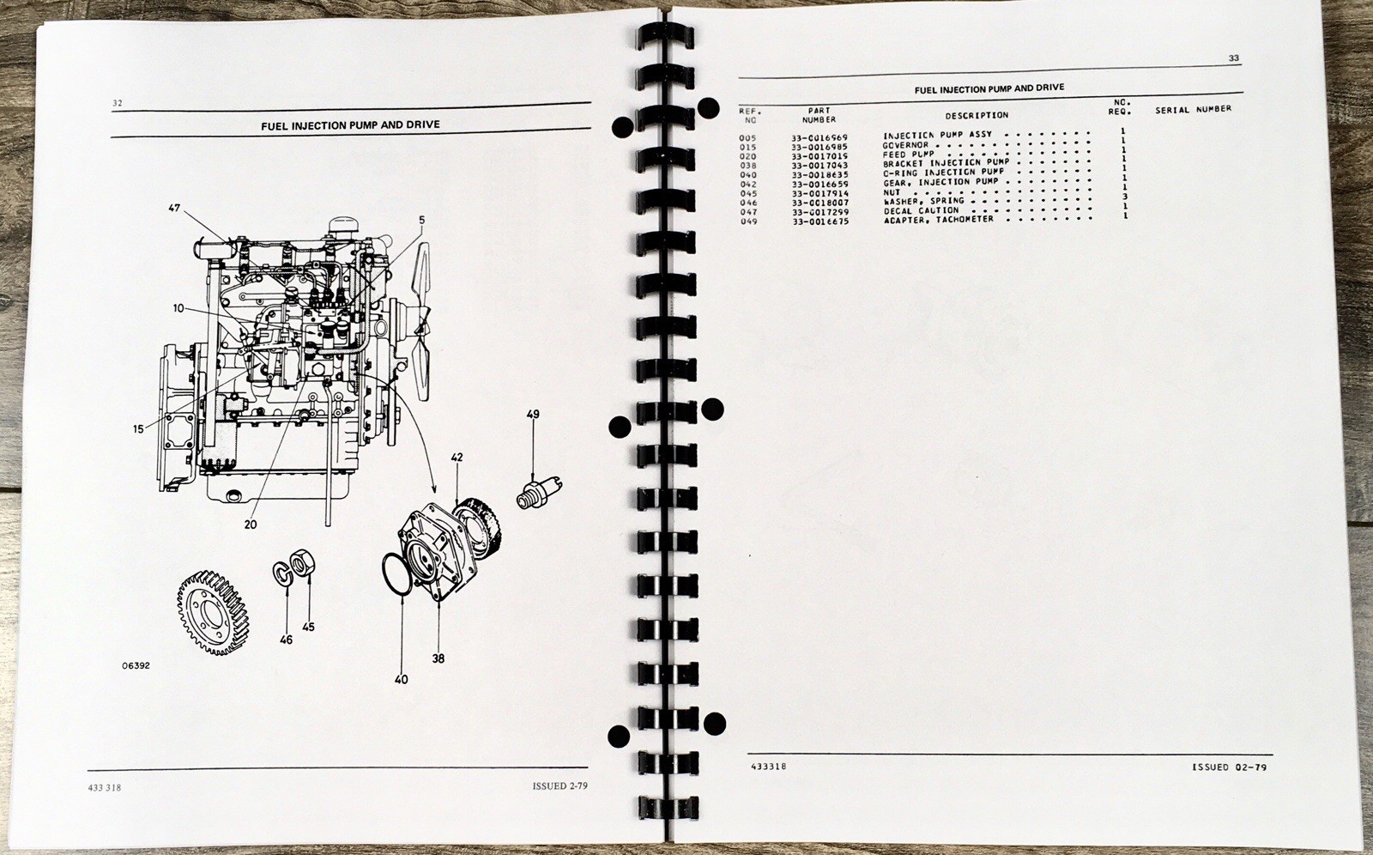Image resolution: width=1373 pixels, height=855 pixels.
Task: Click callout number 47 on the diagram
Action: pos(175,208)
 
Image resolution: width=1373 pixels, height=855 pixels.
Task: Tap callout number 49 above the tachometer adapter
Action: pos(533,414)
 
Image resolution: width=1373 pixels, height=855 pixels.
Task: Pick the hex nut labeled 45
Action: pos(301,562)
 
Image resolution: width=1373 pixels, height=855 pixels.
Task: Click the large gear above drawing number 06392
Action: pos(213,611)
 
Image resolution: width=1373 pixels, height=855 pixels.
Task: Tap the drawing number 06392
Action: pos(136,665)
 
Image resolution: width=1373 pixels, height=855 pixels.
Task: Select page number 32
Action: pos(117,103)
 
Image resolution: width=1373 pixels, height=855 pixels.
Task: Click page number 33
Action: pos(1233,58)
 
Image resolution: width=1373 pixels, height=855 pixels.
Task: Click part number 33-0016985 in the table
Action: pos(819,147)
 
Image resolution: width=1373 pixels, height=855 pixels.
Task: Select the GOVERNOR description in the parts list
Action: pos(905,145)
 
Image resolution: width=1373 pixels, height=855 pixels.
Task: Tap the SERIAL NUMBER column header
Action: pos(1193,109)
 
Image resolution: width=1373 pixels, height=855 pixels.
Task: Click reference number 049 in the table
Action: pos(748,221)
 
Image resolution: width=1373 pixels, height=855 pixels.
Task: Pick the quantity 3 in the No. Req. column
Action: pos(1125,197)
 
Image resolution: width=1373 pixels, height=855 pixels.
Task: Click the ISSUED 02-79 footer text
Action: pos(1229,767)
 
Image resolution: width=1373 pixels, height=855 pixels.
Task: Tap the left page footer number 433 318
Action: pos(105,787)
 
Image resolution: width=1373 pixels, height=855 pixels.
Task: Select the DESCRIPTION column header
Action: pos(977,115)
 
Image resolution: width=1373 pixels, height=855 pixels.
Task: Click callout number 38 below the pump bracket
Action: pos(438,658)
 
